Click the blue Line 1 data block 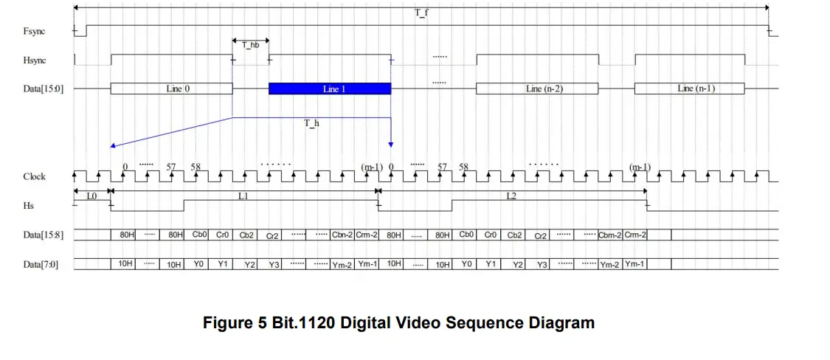coord(330,89)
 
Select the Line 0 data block coord(171,89)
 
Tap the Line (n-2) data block coord(537,89)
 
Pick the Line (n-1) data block coord(690,89)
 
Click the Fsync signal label coord(35,31)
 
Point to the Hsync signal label coord(35,60)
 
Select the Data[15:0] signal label coord(44,89)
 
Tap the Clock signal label coord(35,177)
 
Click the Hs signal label coord(29,205)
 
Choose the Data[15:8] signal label coord(44,235)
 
